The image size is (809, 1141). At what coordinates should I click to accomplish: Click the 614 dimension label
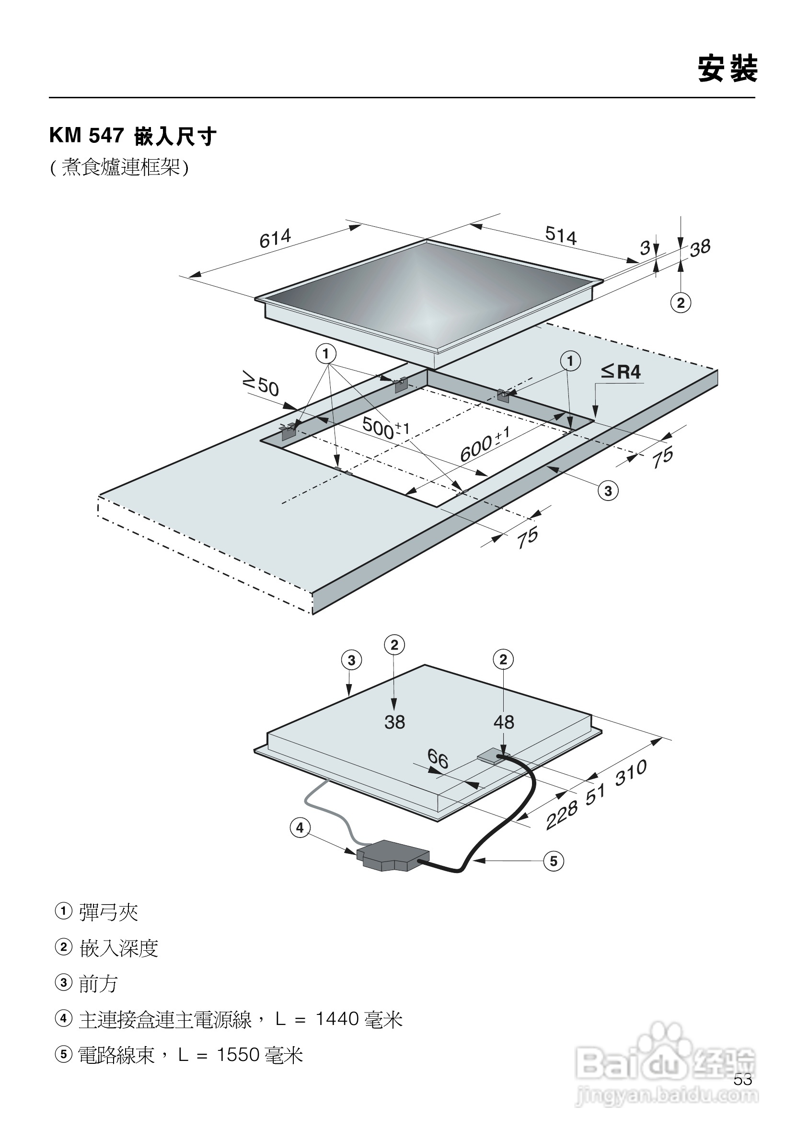(x=275, y=239)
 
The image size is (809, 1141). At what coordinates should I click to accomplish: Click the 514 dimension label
(x=560, y=235)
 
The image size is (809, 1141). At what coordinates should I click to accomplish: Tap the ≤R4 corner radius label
(x=621, y=372)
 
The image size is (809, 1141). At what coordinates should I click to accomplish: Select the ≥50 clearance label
(x=261, y=383)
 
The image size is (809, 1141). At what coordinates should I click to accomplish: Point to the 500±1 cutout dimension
(x=385, y=428)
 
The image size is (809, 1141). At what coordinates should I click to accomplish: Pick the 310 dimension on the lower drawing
(x=631, y=773)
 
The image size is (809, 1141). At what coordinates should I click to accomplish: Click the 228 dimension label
(x=561, y=815)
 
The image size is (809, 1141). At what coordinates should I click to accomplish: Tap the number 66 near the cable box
(x=438, y=759)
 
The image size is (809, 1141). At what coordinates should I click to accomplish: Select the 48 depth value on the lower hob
(x=504, y=722)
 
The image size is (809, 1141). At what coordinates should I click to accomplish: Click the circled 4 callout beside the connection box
(x=300, y=828)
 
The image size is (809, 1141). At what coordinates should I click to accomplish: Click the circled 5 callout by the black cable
(x=554, y=861)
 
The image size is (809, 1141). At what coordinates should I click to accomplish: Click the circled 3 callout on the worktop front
(x=608, y=491)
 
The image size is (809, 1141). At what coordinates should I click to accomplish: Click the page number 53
(x=742, y=1080)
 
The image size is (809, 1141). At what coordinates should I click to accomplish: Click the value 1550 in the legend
(x=238, y=1055)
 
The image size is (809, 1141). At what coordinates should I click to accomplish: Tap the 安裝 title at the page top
(x=728, y=69)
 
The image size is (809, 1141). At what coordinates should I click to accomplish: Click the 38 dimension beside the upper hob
(x=700, y=248)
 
